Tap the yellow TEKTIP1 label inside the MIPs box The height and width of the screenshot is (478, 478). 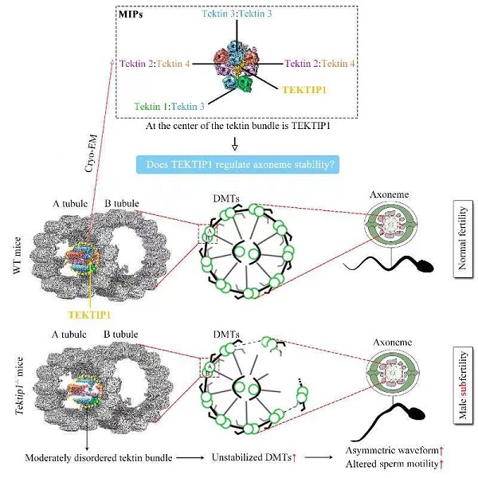point(305,90)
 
